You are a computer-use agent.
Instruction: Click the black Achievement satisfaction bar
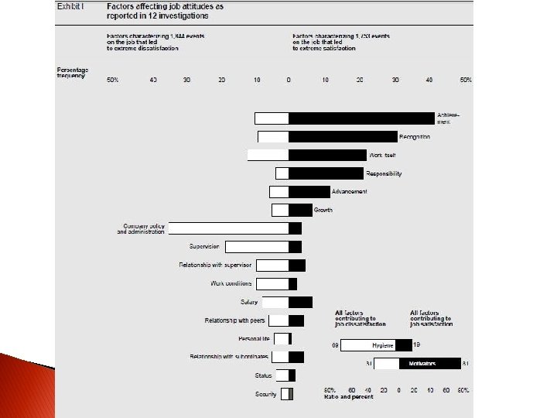pyautogui.click(x=361, y=118)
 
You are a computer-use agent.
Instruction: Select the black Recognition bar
pyautogui.click(x=343, y=136)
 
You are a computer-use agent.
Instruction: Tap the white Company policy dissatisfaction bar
pyautogui.click(x=228, y=228)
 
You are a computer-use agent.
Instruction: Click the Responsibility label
pyautogui.click(x=384, y=173)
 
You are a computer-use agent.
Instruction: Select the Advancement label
pyautogui.click(x=349, y=191)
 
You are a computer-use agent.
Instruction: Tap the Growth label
pyautogui.click(x=323, y=210)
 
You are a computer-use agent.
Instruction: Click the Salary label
pyautogui.click(x=249, y=302)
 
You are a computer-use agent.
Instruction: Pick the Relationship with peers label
pyautogui.click(x=234, y=320)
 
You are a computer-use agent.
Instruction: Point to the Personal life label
pyautogui.click(x=254, y=338)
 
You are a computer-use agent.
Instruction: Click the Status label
pyautogui.click(x=263, y=375)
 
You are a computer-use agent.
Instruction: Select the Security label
pyautogui.click(x=266, y=394)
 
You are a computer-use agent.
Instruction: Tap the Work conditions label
pyautogui.click(x=231, y=283)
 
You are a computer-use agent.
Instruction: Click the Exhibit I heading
pyautogui.click(x=70, y=6)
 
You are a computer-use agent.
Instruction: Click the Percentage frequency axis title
pyautogui.click(x=73, y=74)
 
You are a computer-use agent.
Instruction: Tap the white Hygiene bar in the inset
pyautogui.click(x=368, y=345)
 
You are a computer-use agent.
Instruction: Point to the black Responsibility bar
pyautogui.click(x=326, y=173)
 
